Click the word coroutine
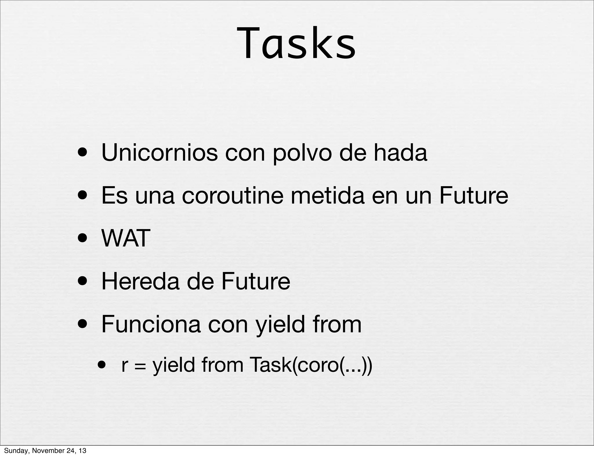click(x=232, y=195)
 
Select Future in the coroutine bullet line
click(x=473, y=195)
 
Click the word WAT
click(x=126, y=238)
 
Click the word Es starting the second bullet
click(x=114, y=195)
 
